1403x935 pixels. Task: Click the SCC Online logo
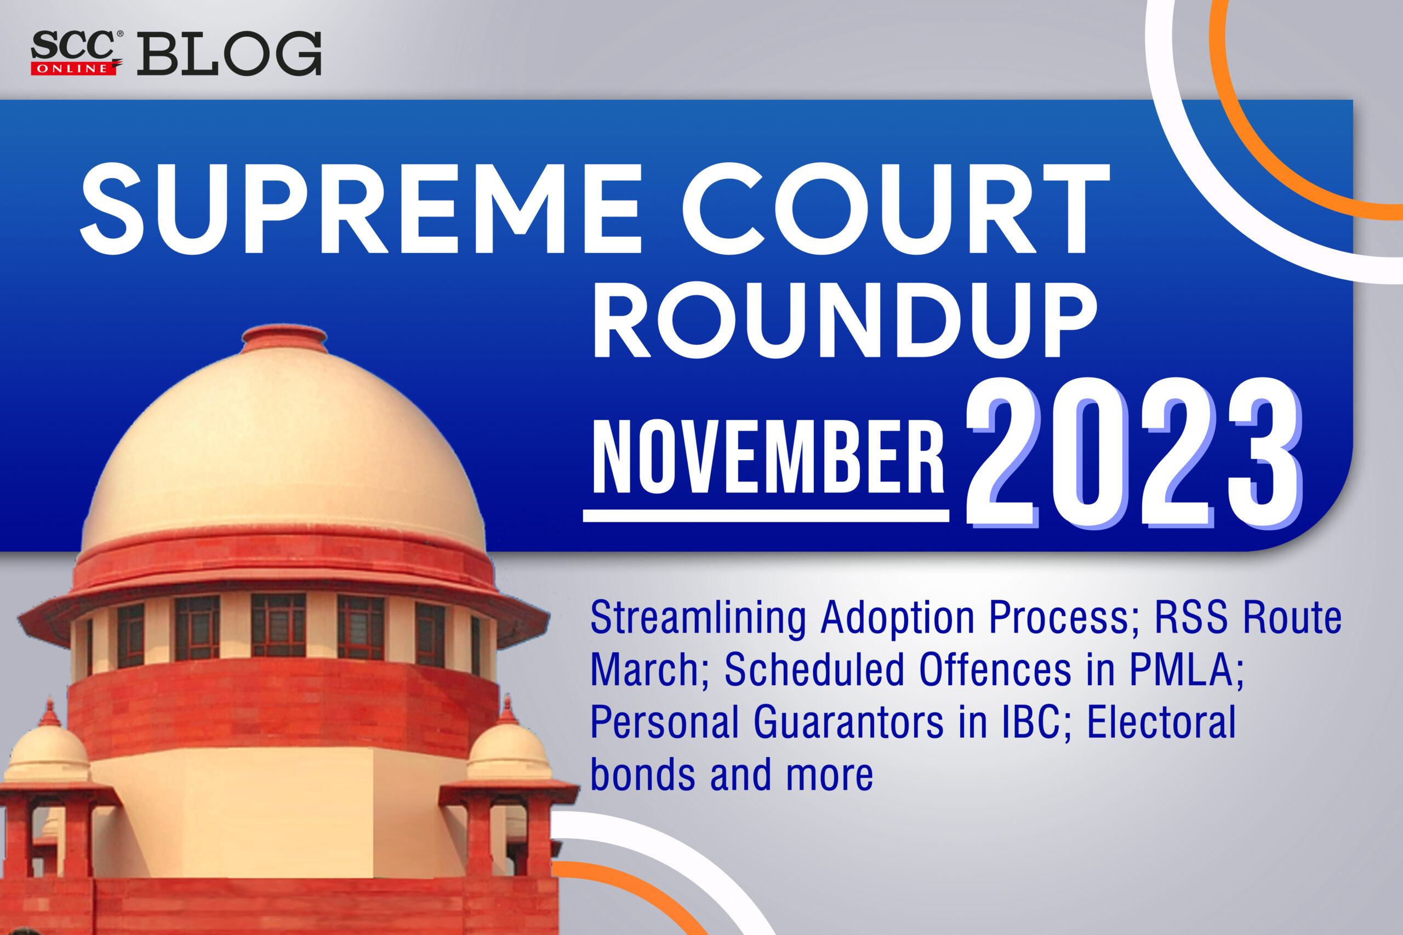point(76,53)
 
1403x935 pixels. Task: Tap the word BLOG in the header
point(230,54)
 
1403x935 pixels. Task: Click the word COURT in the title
point(895,209)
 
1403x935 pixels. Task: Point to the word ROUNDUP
point(843,320)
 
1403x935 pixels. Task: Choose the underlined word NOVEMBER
point(768,457)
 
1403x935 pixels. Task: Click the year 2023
point(1133,453)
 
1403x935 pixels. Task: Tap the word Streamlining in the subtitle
point(698,618)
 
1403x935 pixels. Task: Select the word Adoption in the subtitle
point(898,618)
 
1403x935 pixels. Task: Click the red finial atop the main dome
point(284,337)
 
